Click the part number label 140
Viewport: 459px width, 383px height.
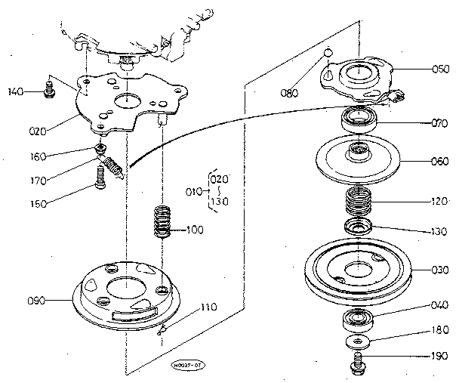(15, 92)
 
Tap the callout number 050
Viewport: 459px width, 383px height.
(419, 68)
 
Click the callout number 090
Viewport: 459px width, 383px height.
(35, 301)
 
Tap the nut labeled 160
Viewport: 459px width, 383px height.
(99, 147)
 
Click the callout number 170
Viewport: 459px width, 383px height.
(37, 181)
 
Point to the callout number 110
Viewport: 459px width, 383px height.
(210, 308)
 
